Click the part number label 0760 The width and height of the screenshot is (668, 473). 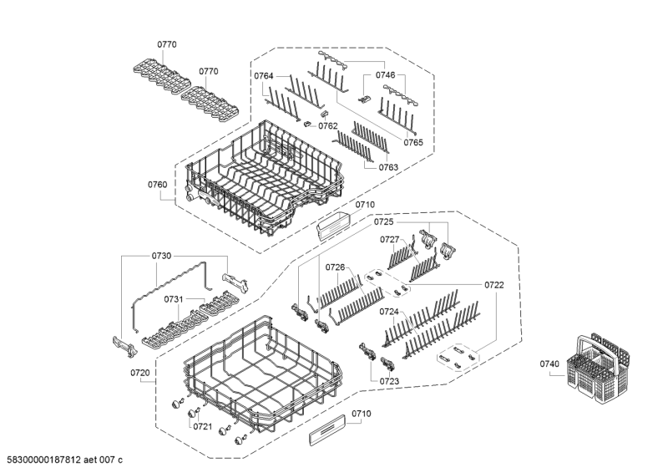point(157,185)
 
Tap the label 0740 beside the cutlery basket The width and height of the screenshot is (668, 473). point(549,364)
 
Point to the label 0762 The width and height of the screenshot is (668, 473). point(327,126)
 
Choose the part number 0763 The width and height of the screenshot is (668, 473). point(387,167)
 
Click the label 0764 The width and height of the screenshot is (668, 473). point(264,76)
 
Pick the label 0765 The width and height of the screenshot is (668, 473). point(413,143)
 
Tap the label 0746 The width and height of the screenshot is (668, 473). point(385,75)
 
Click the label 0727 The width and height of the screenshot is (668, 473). point(390,240)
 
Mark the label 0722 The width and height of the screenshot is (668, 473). point(493,285)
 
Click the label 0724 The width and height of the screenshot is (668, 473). point(388,312)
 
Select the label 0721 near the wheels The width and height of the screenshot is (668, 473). point(203,426)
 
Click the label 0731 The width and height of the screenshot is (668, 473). point(174,299)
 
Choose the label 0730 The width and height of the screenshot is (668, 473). point(161,257)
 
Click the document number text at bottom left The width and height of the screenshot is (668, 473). point(64,460)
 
